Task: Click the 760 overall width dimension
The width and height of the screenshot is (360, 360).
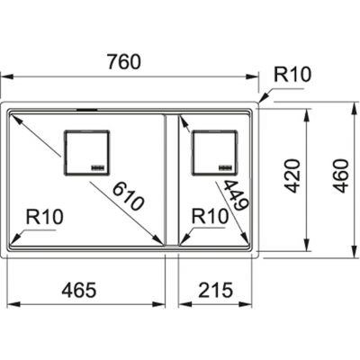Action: point(123,62)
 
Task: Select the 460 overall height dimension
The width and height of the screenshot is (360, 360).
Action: point(342,176)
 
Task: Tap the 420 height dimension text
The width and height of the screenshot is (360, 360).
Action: point(292,176)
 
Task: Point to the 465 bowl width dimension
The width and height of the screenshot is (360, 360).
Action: point(79,290)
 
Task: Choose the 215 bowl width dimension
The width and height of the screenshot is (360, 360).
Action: point(215,290)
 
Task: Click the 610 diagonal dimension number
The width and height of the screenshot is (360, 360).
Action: point(129,197)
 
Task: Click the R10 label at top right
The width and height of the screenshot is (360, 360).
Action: point(292,75)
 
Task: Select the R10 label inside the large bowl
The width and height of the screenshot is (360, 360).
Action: point(45,217)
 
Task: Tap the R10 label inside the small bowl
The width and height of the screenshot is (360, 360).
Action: point(210,216)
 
